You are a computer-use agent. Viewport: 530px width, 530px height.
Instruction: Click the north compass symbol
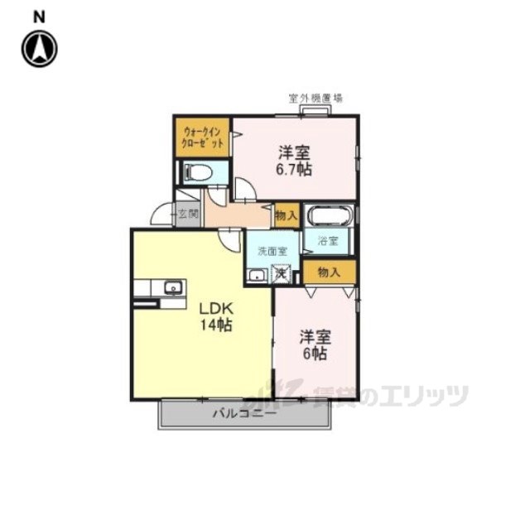[39, 49]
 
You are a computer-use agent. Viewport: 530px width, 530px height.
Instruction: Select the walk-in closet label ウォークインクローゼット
[203, 137]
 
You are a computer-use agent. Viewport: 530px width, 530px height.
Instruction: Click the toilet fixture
[200, 173]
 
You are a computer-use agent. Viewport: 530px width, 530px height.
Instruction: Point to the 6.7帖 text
[294, 170]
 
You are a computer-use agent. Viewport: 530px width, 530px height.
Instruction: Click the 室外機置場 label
[316, 98]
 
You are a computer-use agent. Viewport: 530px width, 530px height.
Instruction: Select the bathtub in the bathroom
[330, 216]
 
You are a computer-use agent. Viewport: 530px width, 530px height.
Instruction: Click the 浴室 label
[329, 242]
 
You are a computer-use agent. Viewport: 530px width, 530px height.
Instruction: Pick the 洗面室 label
[271, 250]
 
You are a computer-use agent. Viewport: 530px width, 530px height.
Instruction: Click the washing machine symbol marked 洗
[283, 273]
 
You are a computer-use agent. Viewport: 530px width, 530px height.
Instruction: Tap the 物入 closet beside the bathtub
[286, 215]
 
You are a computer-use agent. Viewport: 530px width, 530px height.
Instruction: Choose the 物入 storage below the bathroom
[329, 272]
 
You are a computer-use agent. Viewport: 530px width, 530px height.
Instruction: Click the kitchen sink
[173, 288]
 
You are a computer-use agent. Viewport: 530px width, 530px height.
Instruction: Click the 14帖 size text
[214, 325]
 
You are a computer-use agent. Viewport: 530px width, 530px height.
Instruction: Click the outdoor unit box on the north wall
[315, 110]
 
